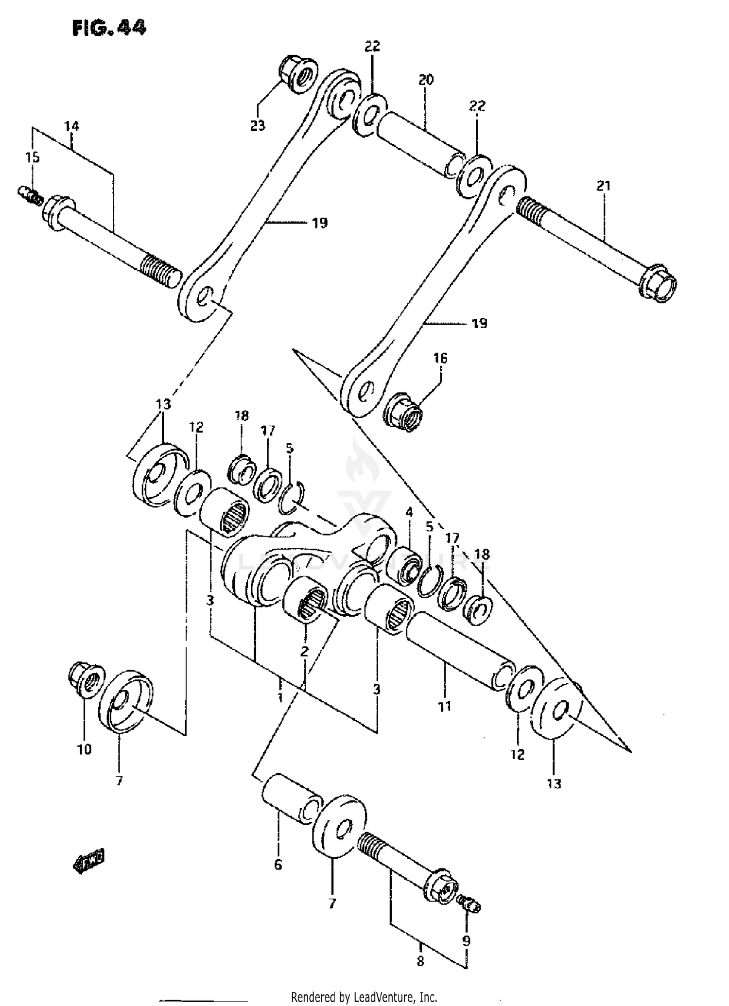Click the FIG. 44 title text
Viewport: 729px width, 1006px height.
coord(109,28)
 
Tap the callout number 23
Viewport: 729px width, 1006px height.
coord(258,125)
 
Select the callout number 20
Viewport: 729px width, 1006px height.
coord(425,79)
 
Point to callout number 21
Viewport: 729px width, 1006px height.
coord(603,185)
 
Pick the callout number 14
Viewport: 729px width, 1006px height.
coord(71,126)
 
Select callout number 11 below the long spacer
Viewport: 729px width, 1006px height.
coord(444,706)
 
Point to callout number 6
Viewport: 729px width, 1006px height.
coord(278,865)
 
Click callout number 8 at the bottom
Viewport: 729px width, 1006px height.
coord(420,961)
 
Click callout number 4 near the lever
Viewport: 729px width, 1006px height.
coord(409,512)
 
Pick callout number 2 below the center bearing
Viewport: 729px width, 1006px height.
coord(304,651)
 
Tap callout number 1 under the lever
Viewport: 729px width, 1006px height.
coord(280,698)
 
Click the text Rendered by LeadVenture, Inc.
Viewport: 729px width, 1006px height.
coord(364,997)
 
